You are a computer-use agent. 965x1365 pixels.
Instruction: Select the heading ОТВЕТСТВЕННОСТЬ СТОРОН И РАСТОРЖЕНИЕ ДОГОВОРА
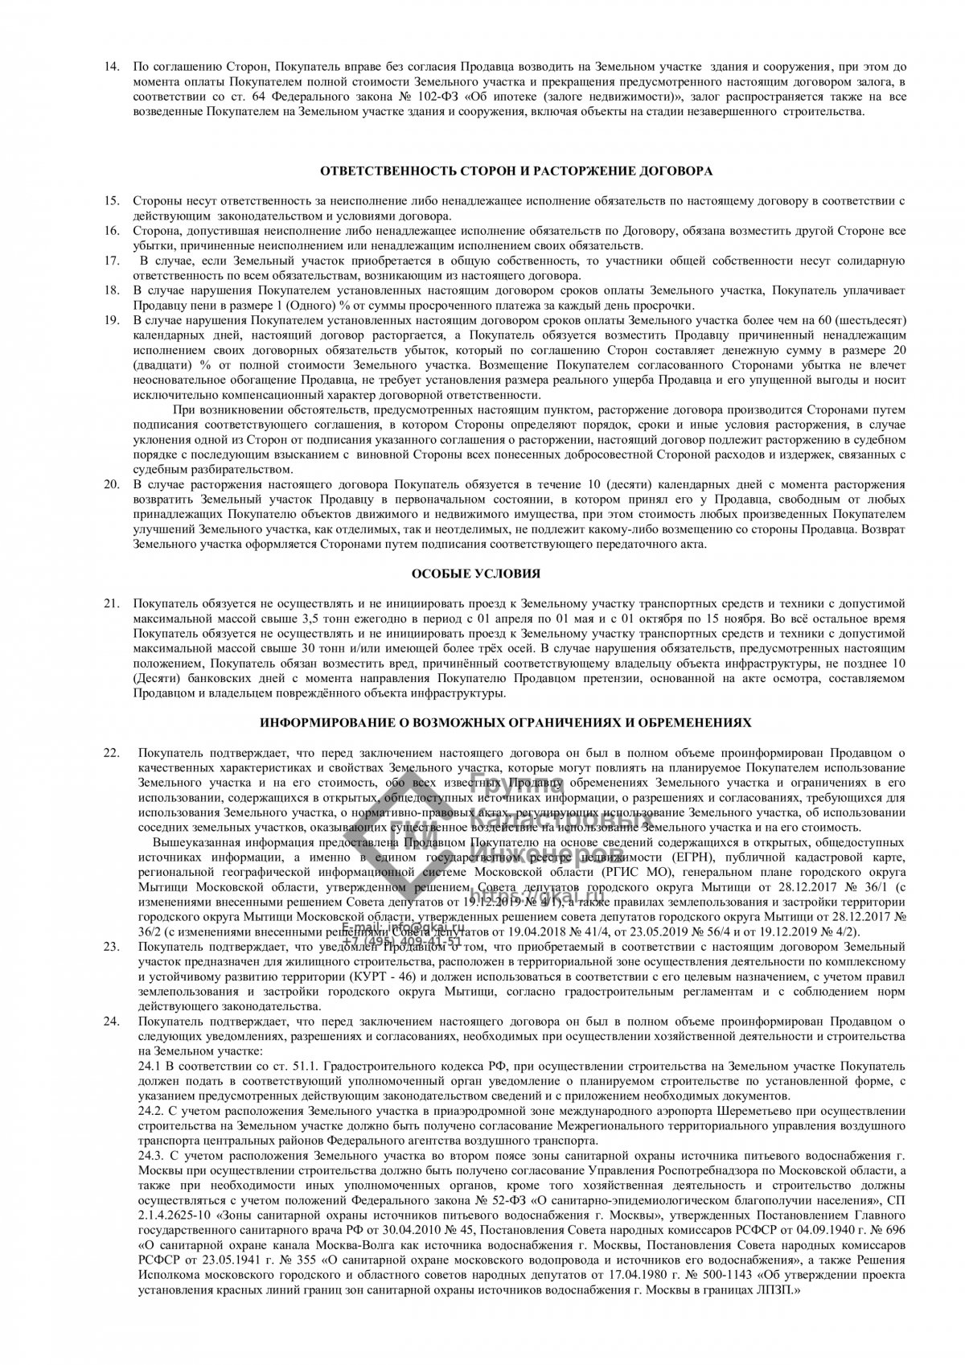[516, 171]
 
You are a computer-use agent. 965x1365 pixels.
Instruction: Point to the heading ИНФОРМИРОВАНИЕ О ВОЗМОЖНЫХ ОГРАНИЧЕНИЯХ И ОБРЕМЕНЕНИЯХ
[505, 723]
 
